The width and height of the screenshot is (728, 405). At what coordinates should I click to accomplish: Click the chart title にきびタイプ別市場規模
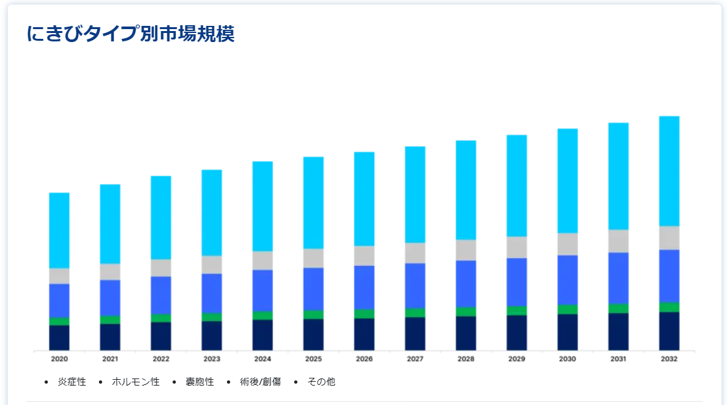click(131, 34)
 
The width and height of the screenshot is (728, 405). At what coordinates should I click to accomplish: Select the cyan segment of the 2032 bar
click(669, 171)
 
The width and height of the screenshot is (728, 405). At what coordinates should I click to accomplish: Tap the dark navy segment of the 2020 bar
click(59, 337)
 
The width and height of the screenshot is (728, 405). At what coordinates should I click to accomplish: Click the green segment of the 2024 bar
click(262, 315)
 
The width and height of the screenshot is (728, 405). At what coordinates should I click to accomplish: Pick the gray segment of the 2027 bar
click(415, 253)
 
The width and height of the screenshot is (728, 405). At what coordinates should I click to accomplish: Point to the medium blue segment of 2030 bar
click(568, 279)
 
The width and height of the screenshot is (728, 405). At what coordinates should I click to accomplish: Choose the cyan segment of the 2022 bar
click(161, 217)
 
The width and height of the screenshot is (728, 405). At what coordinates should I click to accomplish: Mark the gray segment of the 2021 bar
click(110, 272)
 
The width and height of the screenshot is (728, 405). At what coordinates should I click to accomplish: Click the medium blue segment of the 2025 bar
click(314, 289)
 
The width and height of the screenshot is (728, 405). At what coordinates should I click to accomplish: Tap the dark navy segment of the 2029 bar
click(517, 333)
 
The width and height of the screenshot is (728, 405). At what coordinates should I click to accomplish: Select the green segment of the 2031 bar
click(618, 308)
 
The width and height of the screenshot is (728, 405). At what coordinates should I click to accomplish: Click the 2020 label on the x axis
click(59, 358)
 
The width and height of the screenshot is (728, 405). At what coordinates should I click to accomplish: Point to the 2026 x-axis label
click(364, 358)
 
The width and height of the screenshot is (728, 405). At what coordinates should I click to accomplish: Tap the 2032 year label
click(669, 358)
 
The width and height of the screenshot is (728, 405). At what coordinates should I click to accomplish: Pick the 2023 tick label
click(212, 358)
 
